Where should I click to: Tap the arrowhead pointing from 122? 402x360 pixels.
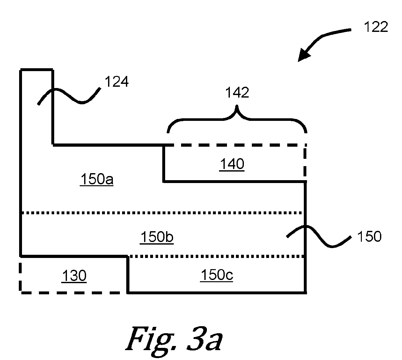[303, 55]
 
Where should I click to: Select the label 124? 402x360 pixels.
[116, 81]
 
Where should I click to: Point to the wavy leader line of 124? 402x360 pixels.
[69, 96]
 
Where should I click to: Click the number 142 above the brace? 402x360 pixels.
[237, 92]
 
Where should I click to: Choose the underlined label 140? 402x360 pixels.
[232, 164]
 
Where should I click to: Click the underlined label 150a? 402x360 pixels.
[97, 179]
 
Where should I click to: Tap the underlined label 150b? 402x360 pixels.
[157, 237]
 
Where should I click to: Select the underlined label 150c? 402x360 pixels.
[216, 275]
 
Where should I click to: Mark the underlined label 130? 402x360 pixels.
[74, 276]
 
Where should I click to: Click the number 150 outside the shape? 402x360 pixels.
[369, 237]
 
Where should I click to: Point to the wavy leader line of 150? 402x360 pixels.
[319, 236]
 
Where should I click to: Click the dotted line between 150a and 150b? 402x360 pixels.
[162, 213]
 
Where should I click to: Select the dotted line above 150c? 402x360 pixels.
[216, 257]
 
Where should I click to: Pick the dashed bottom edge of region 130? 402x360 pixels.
[73, 293]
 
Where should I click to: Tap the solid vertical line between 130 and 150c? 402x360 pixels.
[128, 275]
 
